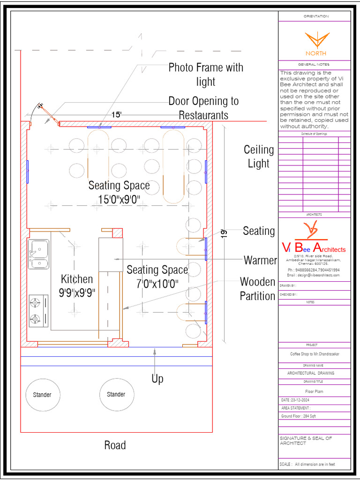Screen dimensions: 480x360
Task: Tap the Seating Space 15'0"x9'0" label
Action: [x=119, y=192]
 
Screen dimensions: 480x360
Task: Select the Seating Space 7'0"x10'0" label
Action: [x=157, y=277]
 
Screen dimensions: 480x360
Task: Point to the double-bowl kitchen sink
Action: [x=39, y=254]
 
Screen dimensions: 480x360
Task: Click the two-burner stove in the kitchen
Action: [x=38, y=310]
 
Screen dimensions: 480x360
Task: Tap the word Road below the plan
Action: [x=115, y=445]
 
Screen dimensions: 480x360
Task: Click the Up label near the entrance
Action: [x=157, y=379]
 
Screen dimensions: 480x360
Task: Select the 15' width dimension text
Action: [x=117, y=114]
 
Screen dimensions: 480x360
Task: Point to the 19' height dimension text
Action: [x=225, y=233]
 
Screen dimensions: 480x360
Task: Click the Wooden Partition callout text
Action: [x=257, y=289]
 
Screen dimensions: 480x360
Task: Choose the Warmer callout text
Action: [x=260, y=260]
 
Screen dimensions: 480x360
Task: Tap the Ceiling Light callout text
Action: [x=259, y=157]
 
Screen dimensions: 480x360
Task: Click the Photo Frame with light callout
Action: [x=206, y=74]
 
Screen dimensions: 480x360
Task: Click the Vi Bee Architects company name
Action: [x=314, y=249]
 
